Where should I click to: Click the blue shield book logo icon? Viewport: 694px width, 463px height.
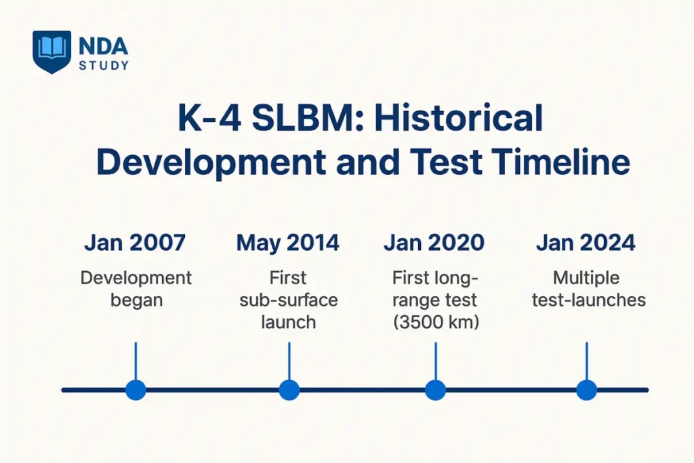tap(52, 52)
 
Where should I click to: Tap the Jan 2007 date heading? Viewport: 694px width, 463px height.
tap(135, 243)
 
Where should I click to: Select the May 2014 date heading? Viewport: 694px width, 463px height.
tap(288, 243)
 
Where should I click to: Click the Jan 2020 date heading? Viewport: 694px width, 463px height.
tap(434, 243)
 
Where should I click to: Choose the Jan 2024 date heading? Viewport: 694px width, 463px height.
tap(586, 243)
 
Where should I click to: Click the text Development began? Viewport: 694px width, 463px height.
tap(136, 289)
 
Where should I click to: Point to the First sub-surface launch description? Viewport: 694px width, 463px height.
tap(288, 300)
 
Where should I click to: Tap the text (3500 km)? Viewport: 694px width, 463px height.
tap(435, 322)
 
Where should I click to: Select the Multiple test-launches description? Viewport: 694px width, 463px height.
tap(587, 289)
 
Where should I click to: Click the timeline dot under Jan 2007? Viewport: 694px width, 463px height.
tap(136, 390)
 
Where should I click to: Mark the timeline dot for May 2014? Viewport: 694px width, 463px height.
tap(289, 390)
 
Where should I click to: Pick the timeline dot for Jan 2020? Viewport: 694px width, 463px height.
tap(435, 390)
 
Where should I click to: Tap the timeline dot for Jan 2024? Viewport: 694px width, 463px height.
tap(586, 390)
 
